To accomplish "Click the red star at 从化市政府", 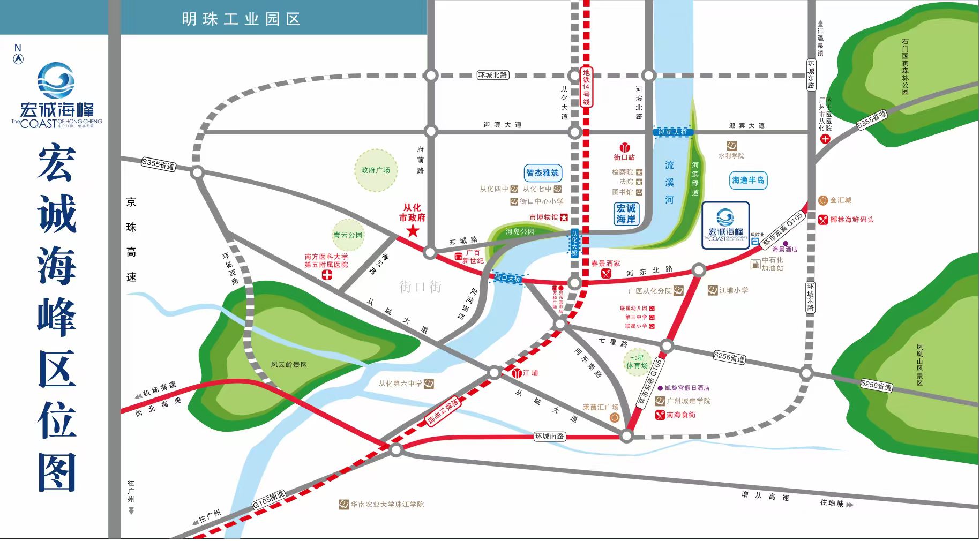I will tap(413, 231).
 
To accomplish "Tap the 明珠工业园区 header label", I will tap(241, 19).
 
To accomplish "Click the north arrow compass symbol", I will tap(18, 56).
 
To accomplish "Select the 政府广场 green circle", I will tap(376, 170).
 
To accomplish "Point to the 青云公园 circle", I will tap(348, 235).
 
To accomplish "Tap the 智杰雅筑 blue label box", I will tap(542, 173).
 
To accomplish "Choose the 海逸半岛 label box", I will tap(748, 180).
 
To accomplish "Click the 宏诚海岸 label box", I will tap(626, 214).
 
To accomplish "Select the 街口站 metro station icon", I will tap(624, 147).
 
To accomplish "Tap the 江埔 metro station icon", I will tap(517, 373).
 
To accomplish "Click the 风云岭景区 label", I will tap(288, 365).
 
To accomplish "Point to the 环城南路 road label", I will tap(550, 437).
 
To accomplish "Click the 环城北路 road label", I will tap(492, 75).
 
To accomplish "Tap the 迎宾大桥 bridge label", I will tap(673, 132).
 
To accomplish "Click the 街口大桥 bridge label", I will tap(508, 279).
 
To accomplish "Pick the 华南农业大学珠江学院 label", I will tap(387, 505).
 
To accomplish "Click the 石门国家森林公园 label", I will tap(905, 66).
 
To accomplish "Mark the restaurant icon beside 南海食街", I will tap(660, 415).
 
